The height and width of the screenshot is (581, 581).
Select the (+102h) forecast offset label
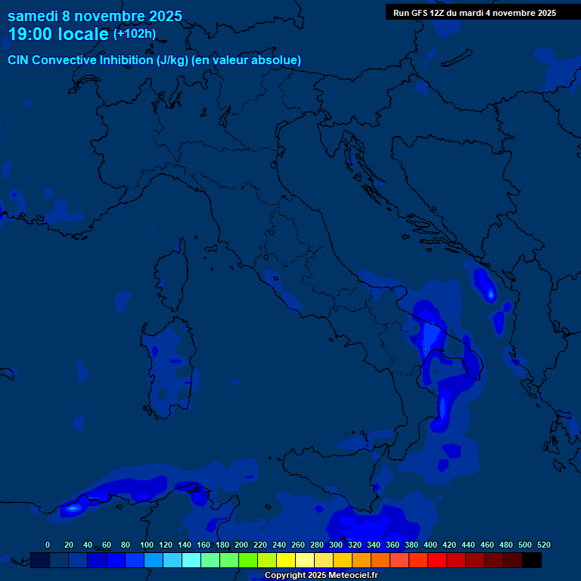(x=135, y=34)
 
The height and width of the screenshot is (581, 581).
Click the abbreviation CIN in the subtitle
(x=19, y=60)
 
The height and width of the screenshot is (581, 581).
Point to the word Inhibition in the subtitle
(x=126, y=60)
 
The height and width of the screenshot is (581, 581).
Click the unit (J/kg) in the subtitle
(x=173, y=60)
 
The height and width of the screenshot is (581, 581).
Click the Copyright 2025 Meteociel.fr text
(x=321, y=576)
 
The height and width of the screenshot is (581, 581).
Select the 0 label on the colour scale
(x=48, y=545)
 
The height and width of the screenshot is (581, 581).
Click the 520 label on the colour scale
(x=543, y=545)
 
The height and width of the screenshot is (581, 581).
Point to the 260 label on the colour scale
(x=297, y=545)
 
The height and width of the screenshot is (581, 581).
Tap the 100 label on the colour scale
(x=147, y=545)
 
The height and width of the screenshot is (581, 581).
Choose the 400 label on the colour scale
(x=430, y=545)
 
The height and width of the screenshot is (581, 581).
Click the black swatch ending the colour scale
(x=532, y=560)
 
